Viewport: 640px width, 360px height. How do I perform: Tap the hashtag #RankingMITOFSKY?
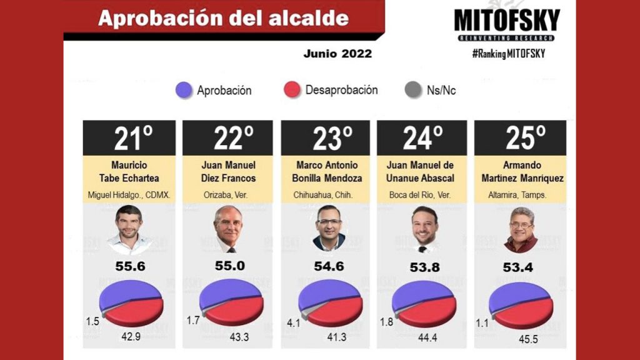coord(508,54)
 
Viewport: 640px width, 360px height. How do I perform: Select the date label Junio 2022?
coord(337,54)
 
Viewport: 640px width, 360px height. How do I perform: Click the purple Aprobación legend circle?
coord(184,90)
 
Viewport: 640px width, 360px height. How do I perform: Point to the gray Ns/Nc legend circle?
coord(414,90)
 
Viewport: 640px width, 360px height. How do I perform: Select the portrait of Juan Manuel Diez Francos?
coord(229,229)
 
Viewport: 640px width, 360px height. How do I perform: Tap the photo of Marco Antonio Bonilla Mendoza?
coord(328,229)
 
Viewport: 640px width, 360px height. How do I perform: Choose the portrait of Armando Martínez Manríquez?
coord(521,229)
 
